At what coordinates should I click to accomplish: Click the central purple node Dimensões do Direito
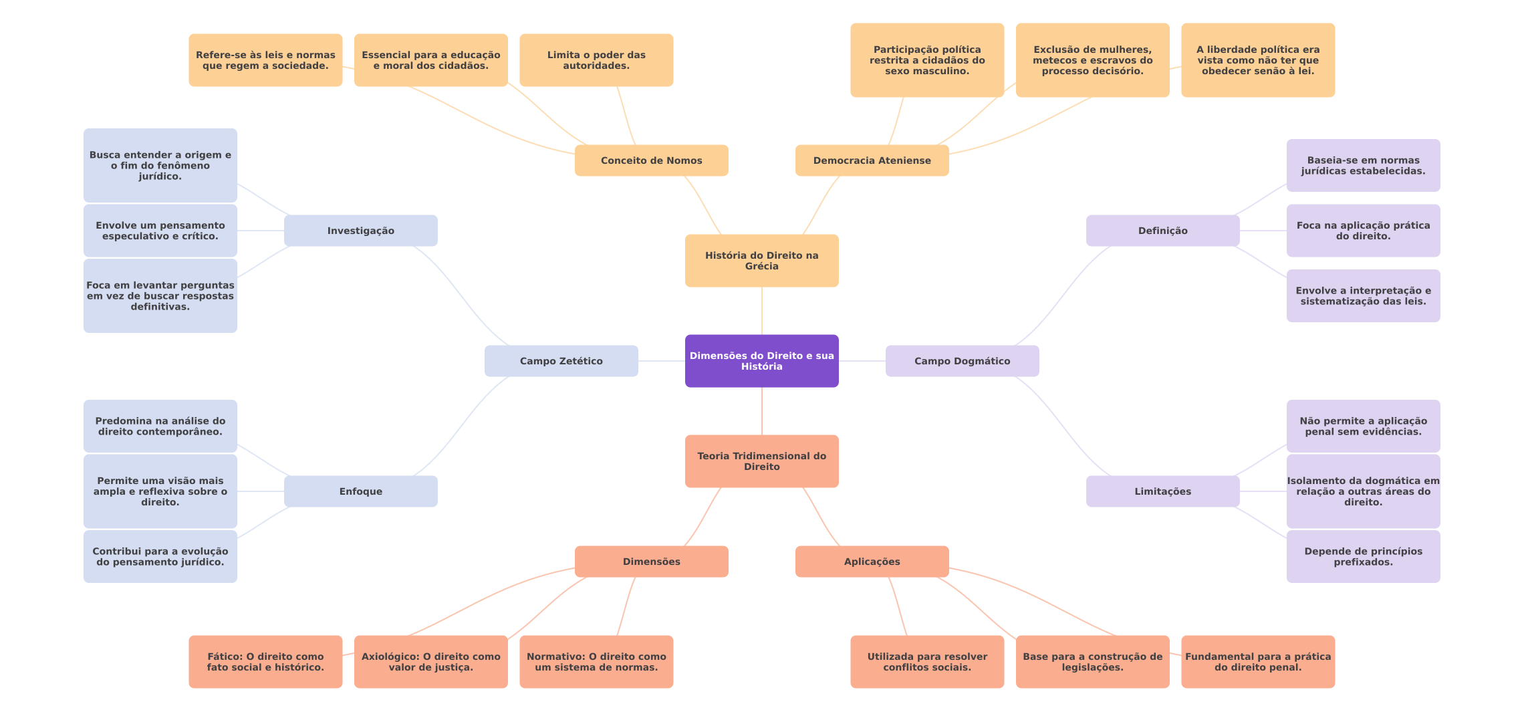[x=761, y=361]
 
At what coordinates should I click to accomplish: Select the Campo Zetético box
[x=561, y=361]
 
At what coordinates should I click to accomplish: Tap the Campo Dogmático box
[x=962, y=361]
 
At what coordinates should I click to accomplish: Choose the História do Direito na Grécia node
[x=761, y=261]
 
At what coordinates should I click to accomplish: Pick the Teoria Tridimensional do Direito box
[x=761, y=461]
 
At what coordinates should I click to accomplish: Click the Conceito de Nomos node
[x=651, y=160]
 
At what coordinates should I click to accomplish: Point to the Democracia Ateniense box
[x=872, y=160]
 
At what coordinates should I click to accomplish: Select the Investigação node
[x=360, y=231]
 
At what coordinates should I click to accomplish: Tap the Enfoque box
[x=360, y=491]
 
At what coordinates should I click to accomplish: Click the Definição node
[x=1162, y=231]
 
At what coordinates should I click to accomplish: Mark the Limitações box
[x=1162, y=491]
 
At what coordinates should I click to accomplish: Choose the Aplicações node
[x=872, y=562]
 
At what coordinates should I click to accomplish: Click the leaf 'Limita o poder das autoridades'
[x=596, y=60]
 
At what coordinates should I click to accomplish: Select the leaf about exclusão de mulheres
[x=1092, y=60]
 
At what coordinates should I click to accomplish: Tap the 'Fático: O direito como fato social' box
[x=265, y=662]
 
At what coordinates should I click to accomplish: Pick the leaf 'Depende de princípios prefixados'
[x=1363, y=556]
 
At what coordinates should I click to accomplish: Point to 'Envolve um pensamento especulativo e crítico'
[x=160, y=231]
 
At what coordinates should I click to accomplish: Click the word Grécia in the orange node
[x=761, y=266]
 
